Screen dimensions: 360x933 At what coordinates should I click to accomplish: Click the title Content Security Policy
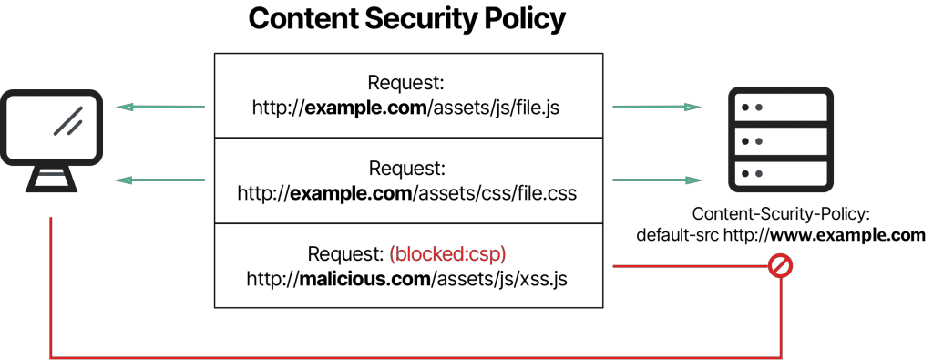pyautogui.click(x=406, y=20)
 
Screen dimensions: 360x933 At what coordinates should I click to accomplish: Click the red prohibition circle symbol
pyautogui.click(x=781, y=266)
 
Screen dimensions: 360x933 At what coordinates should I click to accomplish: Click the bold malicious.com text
pyautogui.click(x=364, y=278)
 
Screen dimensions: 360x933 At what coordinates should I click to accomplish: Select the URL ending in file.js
pyautogui.click(x=406, y=108)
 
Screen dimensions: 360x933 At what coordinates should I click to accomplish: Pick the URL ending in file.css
pyautogui.click(x=406, y=193)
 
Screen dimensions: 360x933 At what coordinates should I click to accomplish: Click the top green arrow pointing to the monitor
pyautogui.click(x=160, y=108)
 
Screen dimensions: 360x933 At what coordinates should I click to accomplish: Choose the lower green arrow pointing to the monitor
pyautogui.click(x=160, y=180)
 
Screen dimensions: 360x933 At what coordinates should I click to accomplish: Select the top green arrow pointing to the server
pyautogui.click(x=656, y=108)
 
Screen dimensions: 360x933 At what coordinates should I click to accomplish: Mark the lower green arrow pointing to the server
pyautogui.click(x=656, y=180)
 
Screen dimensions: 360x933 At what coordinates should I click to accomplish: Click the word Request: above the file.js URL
pyautogui.click(x=406, y=84)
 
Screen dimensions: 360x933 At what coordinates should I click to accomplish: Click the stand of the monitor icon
pyautogui.click(x=52, y=179)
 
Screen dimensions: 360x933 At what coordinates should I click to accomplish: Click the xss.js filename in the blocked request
pyautogui.click(x=542, y=278)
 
